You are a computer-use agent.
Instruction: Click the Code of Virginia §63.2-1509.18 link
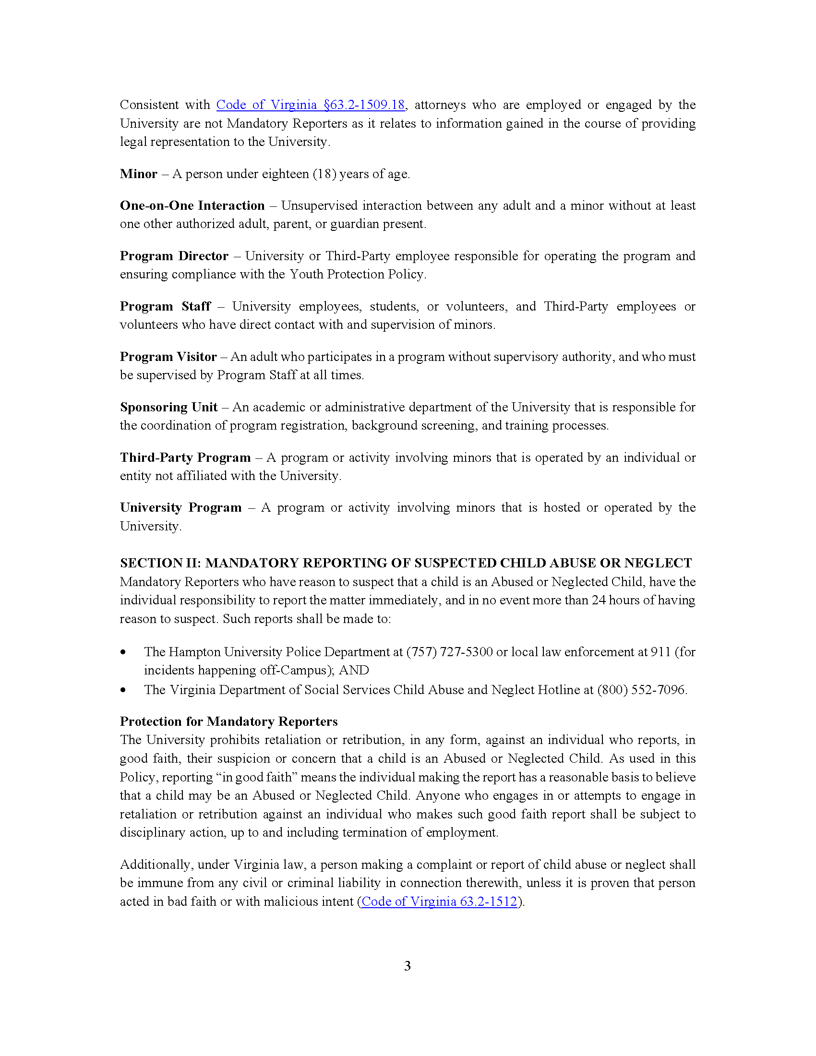pos(310,105)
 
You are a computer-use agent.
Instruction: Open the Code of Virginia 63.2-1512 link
pos(439,901)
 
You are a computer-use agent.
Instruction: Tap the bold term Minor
pos(138,174)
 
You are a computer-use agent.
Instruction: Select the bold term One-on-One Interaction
pos(192,205)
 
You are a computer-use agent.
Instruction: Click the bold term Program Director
pos(174,256)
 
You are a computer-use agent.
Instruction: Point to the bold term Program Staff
pos(165,306)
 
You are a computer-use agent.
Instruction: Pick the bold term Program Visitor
pos(168,357)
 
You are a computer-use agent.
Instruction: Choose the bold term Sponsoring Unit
pos(168,407)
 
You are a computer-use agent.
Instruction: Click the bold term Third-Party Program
pos(185,457)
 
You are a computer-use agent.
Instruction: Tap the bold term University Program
pos(180,508)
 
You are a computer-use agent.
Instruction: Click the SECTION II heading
pos(406,563)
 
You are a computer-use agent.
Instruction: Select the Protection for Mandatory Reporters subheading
pos(228,721)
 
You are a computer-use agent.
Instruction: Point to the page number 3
pos(408,966)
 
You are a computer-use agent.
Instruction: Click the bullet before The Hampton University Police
pos(124,652)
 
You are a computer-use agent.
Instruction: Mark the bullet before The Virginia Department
pos(124,690)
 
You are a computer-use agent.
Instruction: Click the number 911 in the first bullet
pos(660,652)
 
